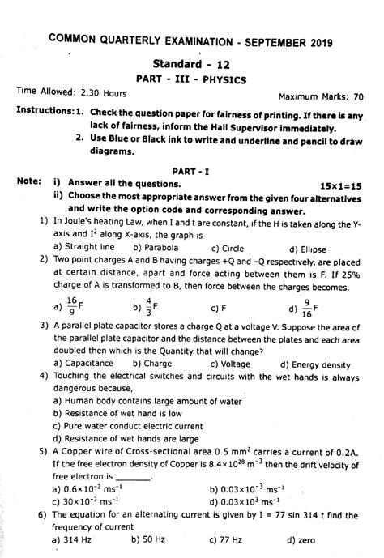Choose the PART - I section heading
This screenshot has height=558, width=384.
190,172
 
